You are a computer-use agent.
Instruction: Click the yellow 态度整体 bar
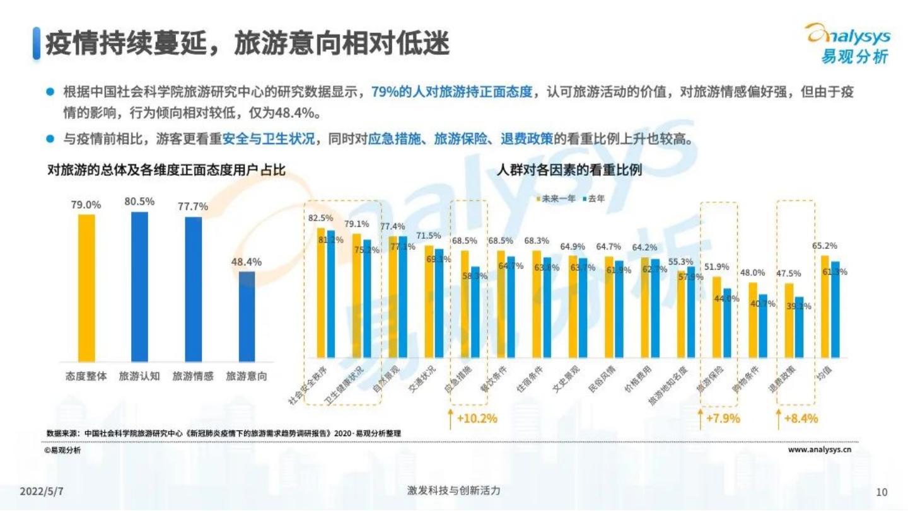tap(86, 288)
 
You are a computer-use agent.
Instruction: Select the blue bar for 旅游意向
tap(247, 316)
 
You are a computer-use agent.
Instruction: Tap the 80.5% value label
tap(139, 202)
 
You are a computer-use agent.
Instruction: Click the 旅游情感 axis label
tap(193, 376)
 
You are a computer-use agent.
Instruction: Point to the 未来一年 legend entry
tap(556, 198)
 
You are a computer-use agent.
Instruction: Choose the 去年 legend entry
tap(593, 198)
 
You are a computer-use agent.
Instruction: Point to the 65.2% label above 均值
tap(824, 246)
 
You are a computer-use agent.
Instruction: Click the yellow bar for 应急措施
tap(465, 304)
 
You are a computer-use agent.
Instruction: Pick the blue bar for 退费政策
tap(799, 328)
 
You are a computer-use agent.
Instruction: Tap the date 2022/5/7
tap(42, 491)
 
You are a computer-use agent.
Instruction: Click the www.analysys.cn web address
tap(820, 450)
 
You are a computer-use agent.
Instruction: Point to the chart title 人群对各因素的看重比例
tap(569, 170)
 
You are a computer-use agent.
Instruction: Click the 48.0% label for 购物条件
tap(752, 273)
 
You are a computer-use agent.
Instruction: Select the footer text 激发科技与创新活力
tap(453, 490)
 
